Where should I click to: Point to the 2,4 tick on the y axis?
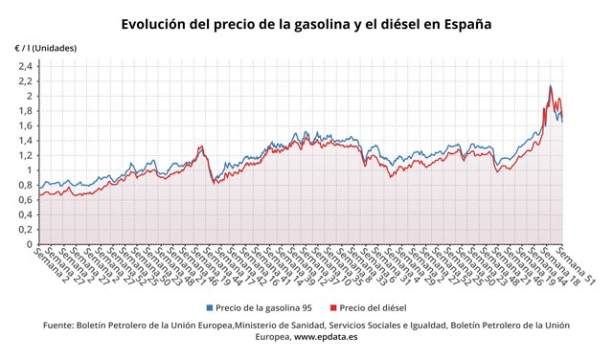tap(25, 66)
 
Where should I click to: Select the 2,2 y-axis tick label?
tap(25, 81)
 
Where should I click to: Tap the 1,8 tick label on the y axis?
tap(25, 111)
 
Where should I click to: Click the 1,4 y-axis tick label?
tap(25, 141)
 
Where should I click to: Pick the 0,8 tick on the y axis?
tap(25, 186)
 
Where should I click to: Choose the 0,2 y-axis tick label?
tap(25, 230)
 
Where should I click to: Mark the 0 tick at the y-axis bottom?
tap(30, 245)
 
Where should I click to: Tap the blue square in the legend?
tap(210, 307)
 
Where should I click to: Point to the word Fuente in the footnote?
tap(61, 326)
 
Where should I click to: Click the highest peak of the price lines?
tap(550, 85)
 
